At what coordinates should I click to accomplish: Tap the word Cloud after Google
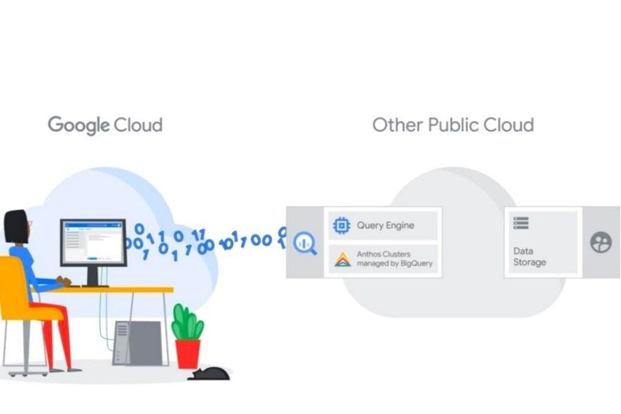[x=138, y=124]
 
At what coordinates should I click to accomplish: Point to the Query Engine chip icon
[x=342, y=226]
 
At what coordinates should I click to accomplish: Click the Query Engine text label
[x=385, y=226]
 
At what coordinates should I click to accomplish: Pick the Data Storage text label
[x=529, y=257]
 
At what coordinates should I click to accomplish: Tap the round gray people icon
[x=601, y=242]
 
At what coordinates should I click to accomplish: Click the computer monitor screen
[x=93, y=242]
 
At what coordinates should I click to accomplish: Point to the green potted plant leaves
[x=187, y=324]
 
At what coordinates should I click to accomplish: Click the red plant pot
[x=188, y=353]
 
